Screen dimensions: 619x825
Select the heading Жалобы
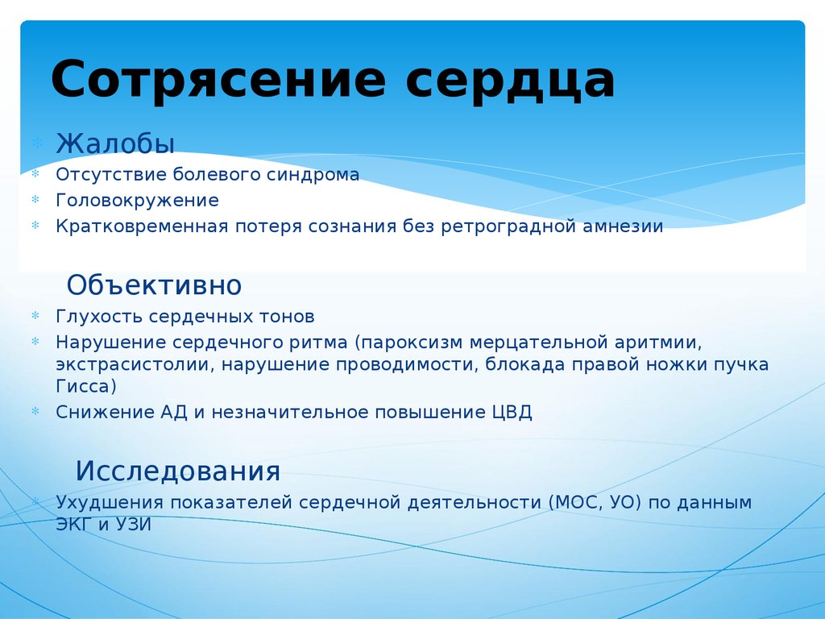tap(115, 143)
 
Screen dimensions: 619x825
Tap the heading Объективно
tap(154, 285)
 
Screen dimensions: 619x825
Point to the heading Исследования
tap(178, 470)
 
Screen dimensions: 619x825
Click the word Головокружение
tap(137, 200)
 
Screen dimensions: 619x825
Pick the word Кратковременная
tap(143, 226)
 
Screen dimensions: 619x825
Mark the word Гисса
tap(85, 387)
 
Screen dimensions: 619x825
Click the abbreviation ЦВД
tap(512, 412)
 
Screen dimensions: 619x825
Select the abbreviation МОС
tap(574, 502)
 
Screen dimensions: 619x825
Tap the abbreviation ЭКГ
tap(75, 524)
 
